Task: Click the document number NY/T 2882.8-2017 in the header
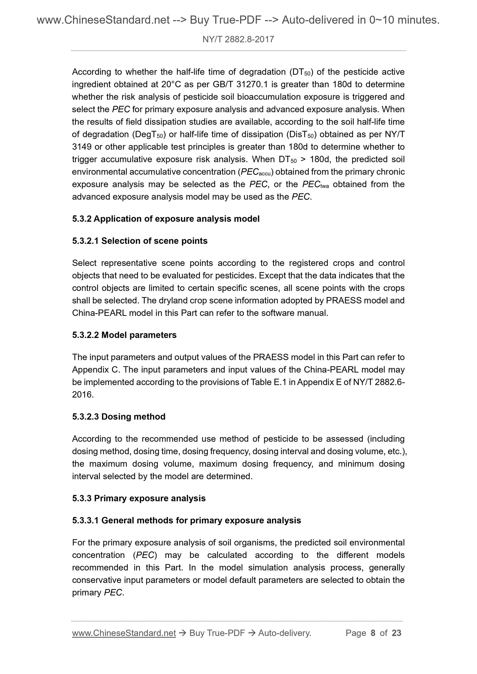coord(238,39)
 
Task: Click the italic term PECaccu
coord(257,172)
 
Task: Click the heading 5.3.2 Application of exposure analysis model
coord(166,219)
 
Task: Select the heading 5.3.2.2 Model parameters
coord(124,335)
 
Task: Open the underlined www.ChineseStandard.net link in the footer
coord(124,633)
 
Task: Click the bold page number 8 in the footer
coord(373,633)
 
